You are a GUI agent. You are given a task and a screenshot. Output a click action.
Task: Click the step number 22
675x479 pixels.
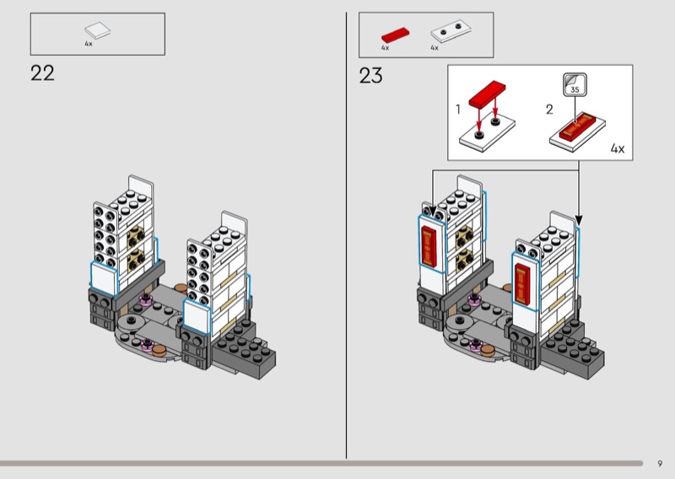(x=42, y=73)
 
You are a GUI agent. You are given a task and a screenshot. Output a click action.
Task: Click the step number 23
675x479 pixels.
(x=370, y=76)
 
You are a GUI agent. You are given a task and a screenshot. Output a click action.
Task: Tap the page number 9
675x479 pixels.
(x=660, y=462)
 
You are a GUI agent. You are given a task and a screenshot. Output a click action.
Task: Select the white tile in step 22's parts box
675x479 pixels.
(x=97, y=30)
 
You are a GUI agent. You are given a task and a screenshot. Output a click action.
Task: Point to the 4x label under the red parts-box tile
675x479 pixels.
(x=385, y=48)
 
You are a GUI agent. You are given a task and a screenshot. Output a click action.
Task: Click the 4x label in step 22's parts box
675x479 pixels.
(x=88, y=43)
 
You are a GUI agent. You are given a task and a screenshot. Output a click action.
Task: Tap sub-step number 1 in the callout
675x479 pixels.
(x=458, y=109)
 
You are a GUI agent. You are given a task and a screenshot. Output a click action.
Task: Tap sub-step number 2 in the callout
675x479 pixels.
(x=549, y=109)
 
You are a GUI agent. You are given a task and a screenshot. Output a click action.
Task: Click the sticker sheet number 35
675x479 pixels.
(x=575, y=88)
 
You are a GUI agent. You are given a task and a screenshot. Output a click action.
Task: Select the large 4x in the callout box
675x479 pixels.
(x=617, y=148)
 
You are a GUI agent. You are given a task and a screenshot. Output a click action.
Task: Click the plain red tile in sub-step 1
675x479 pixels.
(x=487, y=92)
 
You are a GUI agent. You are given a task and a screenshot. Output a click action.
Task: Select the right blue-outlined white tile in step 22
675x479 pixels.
(x=196, y=317)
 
